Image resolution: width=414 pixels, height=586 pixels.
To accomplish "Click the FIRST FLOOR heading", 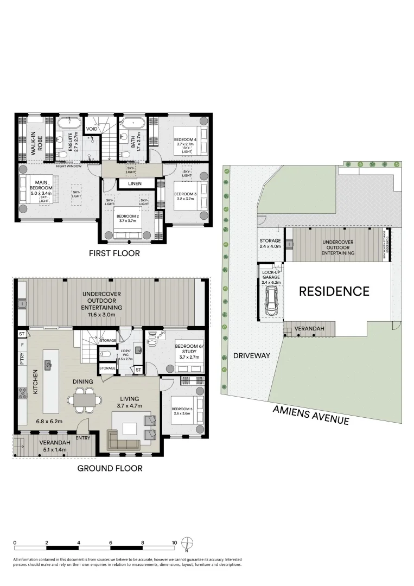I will [115, 253].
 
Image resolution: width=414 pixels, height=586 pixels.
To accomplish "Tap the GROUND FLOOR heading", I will [110, 468].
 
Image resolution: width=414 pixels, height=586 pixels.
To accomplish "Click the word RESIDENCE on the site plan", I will [334, 291].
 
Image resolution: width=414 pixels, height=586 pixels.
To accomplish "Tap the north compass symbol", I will [187, 543].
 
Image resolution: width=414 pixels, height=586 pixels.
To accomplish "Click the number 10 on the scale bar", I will [174, 543].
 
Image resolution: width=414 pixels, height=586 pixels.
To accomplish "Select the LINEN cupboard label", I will [135, 184].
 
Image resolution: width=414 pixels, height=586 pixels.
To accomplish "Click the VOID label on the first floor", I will [92, 129].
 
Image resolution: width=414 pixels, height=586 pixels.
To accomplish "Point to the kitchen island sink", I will [48, 365].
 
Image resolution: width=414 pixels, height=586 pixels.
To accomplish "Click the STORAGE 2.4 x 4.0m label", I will [270, 244].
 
